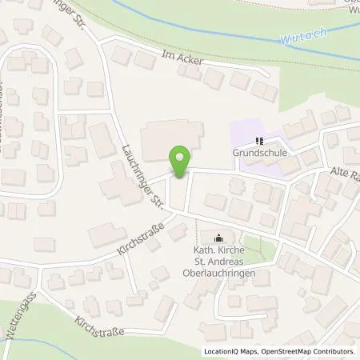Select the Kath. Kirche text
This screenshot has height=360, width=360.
click(220, 249)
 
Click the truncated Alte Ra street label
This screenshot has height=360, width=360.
click(341, 175)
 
